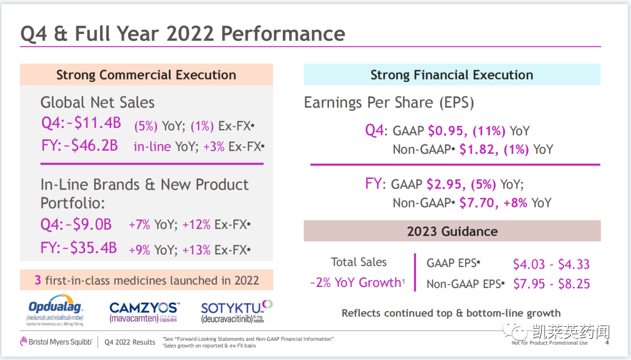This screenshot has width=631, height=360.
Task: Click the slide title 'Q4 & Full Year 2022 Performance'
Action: (182, 33)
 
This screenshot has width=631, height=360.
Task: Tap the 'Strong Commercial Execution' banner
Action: (146, 75)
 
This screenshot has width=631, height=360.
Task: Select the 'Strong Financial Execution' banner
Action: (452, 75)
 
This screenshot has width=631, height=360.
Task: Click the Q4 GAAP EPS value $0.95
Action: (446, 130)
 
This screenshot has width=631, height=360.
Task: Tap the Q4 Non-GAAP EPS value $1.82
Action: (478, 149)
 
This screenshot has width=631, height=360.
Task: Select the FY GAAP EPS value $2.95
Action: (446, 184)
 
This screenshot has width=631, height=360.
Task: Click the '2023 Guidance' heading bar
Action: (452, 231)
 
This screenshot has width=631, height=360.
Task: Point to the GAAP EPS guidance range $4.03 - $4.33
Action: (551, 264)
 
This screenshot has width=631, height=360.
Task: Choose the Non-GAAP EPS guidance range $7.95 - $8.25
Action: (551, 284)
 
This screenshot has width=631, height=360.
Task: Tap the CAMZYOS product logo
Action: (145, 311)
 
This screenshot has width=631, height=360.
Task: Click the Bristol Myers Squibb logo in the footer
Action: (56, 341)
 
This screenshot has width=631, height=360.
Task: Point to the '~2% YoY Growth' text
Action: (357, 283)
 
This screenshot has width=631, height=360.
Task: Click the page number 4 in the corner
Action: (606, 342)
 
